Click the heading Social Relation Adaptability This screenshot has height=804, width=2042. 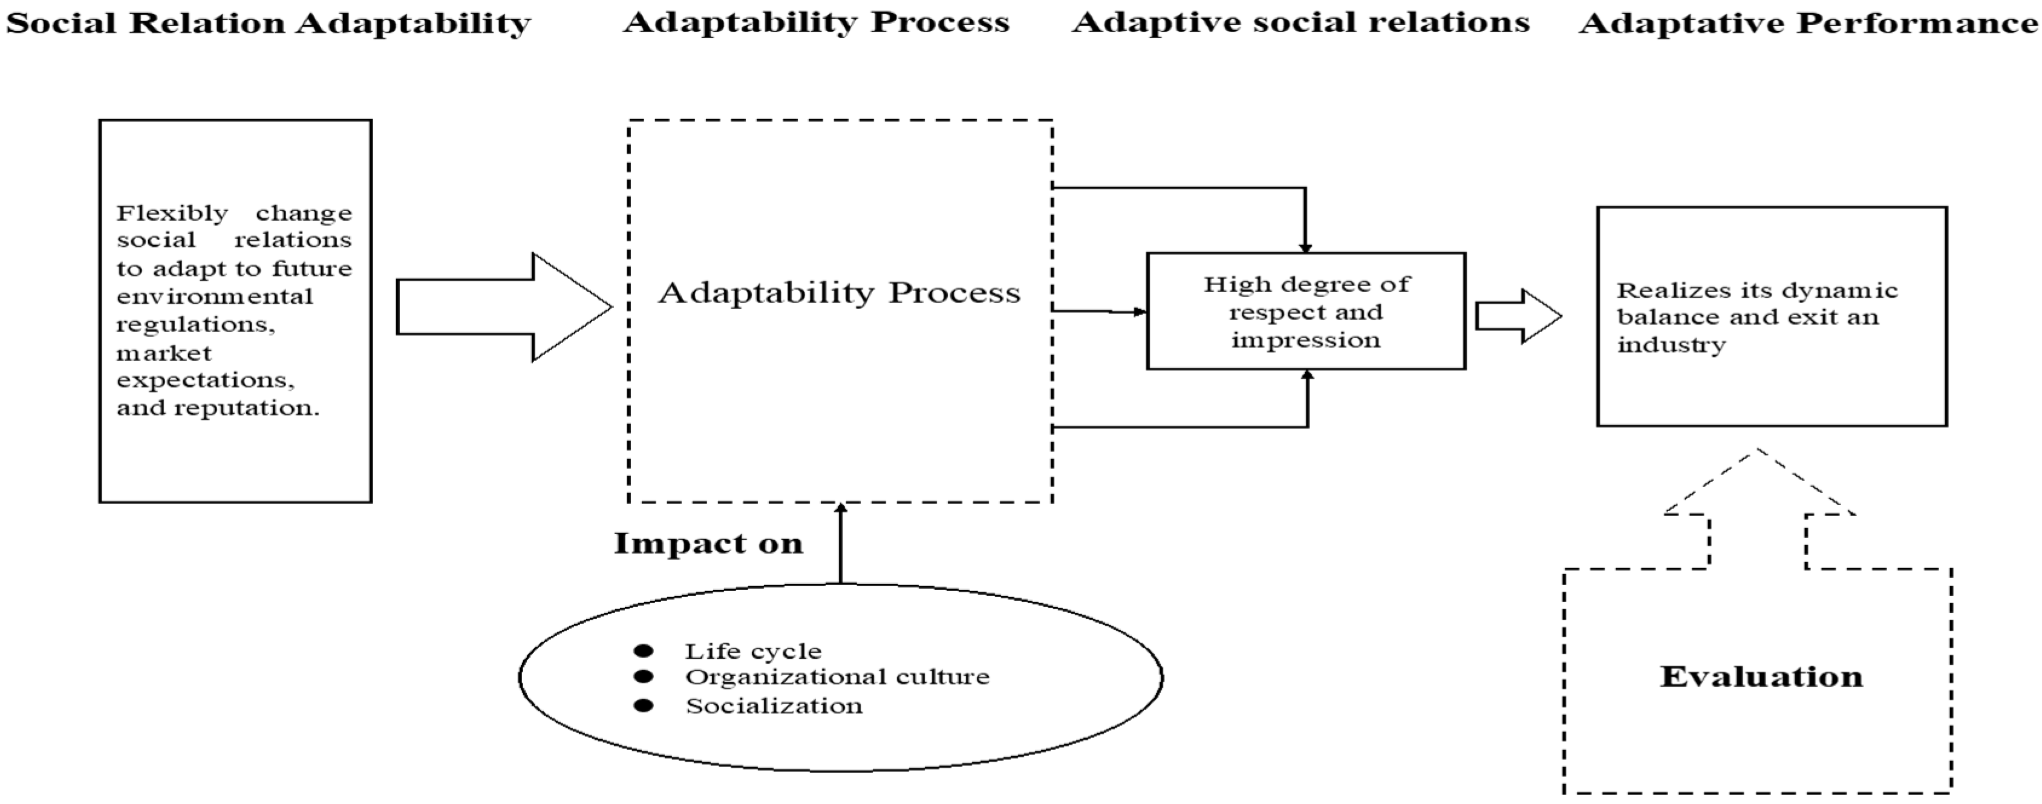pyautogui.click(x=268, y=24)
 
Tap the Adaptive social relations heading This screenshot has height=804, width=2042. pyautogui.click(x=1301, y=22)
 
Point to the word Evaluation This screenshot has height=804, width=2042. pyautogui.click(x=1761, y=677)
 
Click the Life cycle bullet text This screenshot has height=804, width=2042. pyautogui.click(x=753, y=652)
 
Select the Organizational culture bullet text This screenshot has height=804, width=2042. pyautogui.click(x=837, y=677)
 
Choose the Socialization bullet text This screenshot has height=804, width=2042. pyautogui.click(x=774, y=705)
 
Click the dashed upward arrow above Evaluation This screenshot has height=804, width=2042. pyautogui.click(x=1758, y=508)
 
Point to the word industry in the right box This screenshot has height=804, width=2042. pyautogui.click(x=1671, y=345)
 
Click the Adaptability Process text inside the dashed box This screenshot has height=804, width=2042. pyautogui.click(x=840, y=293)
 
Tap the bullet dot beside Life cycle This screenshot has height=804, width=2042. pyautogui.click(x=644, y=651)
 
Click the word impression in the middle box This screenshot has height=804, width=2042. pyautogui.click(x=1305, y=340)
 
